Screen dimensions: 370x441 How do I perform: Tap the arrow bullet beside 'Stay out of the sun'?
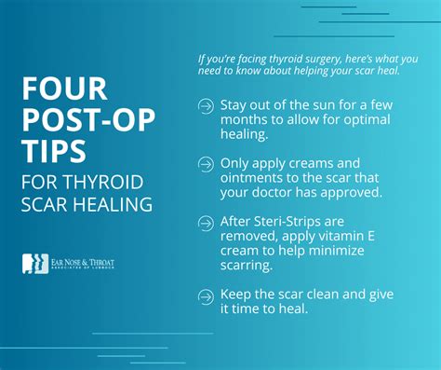point(206,107)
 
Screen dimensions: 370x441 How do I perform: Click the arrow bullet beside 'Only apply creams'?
point(206,164)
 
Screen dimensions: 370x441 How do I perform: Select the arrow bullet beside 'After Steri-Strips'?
point(206,221)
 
